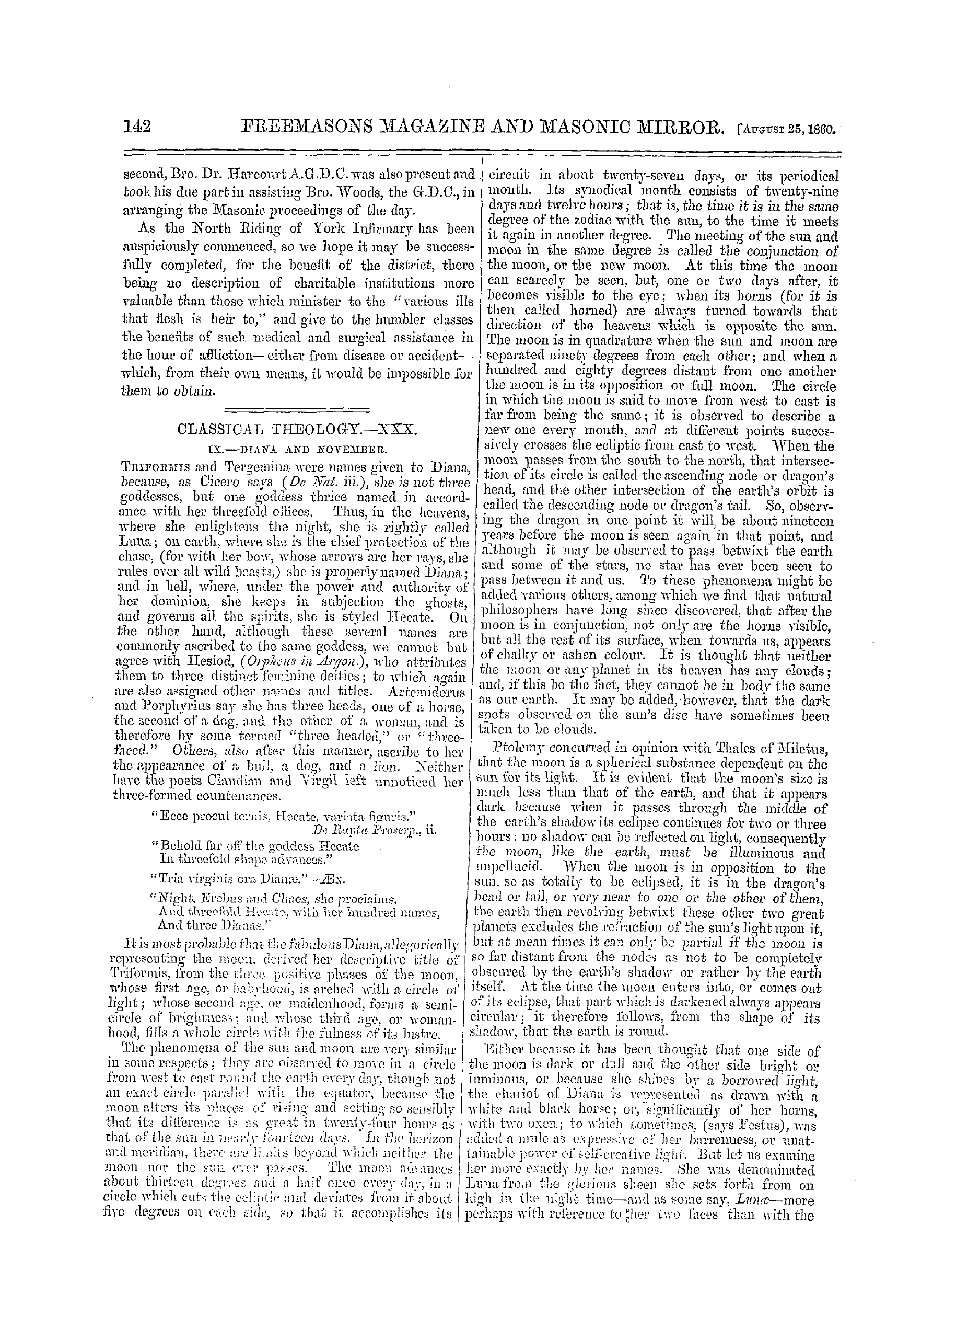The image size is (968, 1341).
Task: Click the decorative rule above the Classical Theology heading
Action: (x=298, y=408)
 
